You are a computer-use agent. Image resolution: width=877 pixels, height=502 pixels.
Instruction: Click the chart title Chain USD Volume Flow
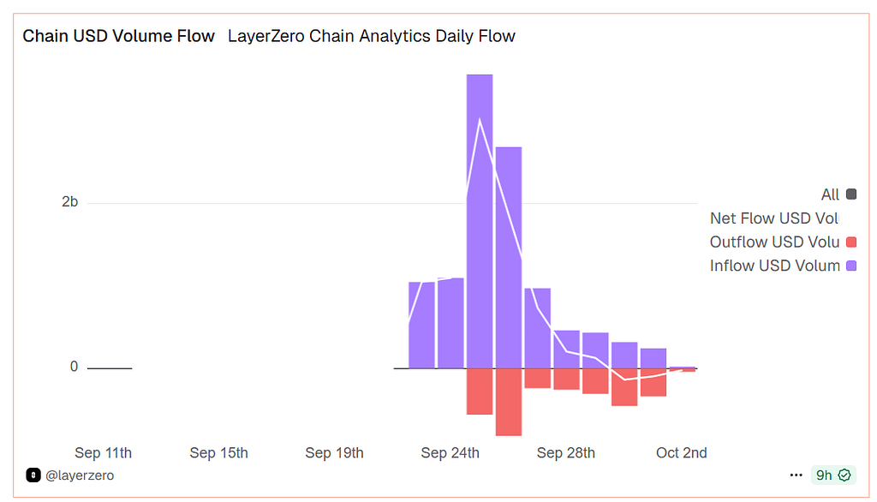click(x=118, y=36)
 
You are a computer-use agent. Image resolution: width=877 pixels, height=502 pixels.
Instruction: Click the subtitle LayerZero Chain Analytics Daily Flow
click(x=372, y=36)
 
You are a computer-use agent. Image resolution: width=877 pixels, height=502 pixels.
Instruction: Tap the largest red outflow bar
click(x=509, y=402)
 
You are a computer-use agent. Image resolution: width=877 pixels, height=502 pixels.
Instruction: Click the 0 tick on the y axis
click(x=74, y=367)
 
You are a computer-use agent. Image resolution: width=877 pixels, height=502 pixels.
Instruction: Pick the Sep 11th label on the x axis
click(x=104, y=452)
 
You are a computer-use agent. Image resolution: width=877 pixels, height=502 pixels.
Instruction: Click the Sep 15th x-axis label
click(x=219, y=452)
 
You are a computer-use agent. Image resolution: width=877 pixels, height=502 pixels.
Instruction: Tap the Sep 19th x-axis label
click(x=335, y=452)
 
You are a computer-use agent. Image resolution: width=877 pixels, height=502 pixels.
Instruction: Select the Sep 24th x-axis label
click(x=450, y=452)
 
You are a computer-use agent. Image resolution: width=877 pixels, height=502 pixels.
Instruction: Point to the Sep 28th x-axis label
click(x=566, y=452)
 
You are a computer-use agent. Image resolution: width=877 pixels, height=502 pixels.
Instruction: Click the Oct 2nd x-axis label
click(x=682, y=452)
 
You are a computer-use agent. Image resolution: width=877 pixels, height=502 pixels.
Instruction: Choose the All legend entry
click(x=830, y=194)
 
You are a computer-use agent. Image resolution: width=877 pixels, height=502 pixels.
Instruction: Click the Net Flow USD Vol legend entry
click(x=774, y=218)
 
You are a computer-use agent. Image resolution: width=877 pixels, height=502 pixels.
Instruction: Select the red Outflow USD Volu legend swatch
click(x=851, y=242)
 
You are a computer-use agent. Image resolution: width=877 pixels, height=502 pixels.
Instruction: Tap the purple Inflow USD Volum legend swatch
click(x=851, y=266)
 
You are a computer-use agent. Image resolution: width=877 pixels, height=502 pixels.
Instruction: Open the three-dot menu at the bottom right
click(x=796, y=475)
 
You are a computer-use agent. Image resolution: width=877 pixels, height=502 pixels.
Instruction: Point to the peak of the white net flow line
click(x=480, y=118)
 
